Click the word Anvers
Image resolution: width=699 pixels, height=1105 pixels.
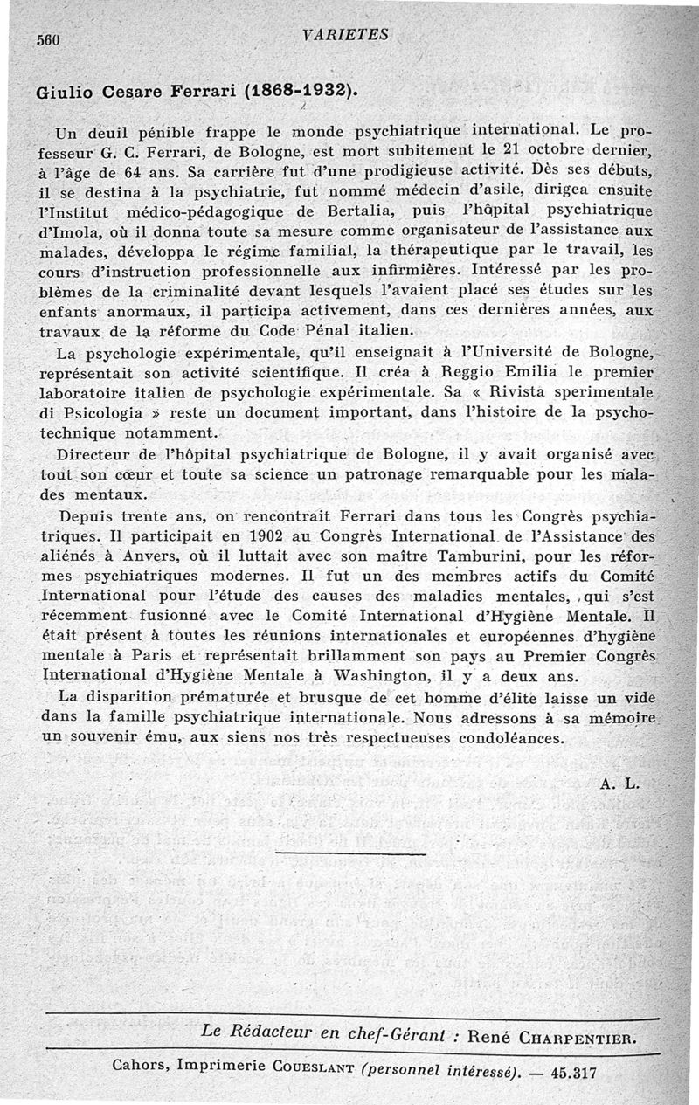click(x=131, y=553)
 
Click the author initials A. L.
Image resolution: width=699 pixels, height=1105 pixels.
click(x=621, y=783)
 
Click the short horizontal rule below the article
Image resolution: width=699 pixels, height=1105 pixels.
click(x=349, y=852)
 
